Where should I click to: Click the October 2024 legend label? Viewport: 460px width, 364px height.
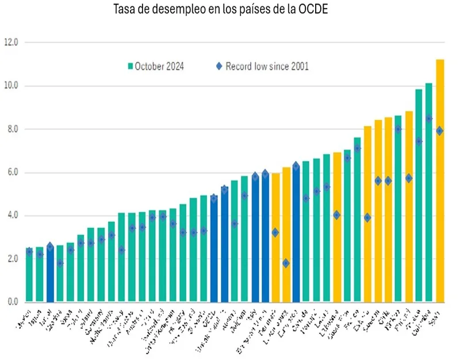159,66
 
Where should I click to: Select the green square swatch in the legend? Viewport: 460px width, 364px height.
130,66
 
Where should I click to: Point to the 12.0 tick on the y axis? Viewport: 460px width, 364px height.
11,43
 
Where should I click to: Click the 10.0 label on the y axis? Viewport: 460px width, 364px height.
11,86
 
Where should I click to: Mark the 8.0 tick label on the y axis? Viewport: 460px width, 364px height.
11,129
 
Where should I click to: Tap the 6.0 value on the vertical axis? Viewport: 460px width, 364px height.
11,173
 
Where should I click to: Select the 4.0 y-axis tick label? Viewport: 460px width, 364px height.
11,216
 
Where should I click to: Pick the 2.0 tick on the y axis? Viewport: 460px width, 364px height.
11,259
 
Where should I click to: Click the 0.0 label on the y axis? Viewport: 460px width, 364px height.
11,302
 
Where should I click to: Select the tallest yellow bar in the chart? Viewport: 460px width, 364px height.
440,184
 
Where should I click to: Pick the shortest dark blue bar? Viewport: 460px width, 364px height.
50,276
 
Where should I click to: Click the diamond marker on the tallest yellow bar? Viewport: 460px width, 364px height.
440,131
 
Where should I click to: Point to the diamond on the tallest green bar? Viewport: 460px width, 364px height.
429,118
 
